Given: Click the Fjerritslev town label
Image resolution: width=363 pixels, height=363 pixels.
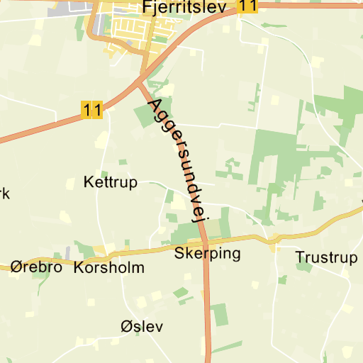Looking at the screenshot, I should pos(184,7).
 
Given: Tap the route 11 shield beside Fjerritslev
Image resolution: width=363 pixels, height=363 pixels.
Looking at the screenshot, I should pos(247,6).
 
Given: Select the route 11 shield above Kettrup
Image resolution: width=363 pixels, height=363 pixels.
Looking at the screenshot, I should pos(91,110).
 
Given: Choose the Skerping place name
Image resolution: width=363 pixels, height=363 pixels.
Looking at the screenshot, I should pos(207,253).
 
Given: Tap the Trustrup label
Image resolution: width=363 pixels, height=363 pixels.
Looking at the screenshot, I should pos(327,257).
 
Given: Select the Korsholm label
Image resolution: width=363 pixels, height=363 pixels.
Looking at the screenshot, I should pos(108,268).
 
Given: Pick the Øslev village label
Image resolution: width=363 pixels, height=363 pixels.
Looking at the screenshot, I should pos(142,327).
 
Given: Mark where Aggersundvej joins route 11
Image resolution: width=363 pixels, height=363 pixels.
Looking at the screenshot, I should pos(140,83).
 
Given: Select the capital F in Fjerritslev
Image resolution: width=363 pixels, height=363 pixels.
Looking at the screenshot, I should pos(147,6).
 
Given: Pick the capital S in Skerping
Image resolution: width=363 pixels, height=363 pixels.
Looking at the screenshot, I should pos(179,252).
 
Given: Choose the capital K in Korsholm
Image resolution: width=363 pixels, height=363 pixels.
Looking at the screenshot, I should pos(79,268).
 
